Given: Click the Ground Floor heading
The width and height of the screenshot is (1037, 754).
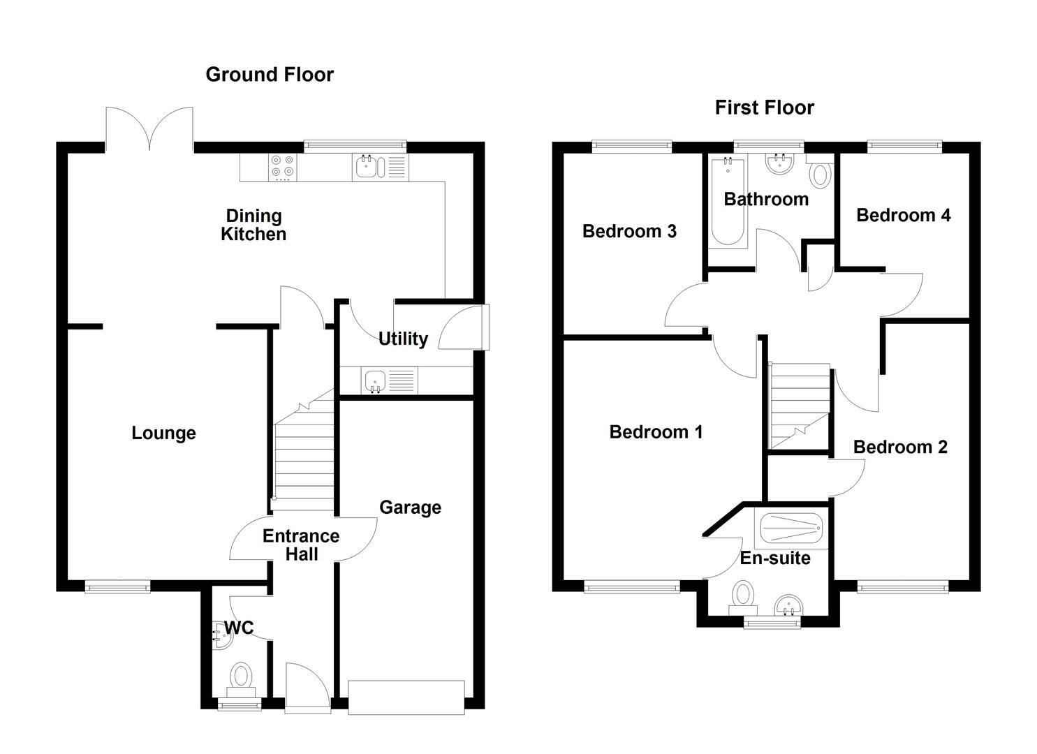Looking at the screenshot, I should [x=270, y=75].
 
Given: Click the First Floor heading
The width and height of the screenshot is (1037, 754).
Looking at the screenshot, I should [x=764, y=108].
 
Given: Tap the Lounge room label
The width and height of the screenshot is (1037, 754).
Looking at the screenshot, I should [x=163, y=433].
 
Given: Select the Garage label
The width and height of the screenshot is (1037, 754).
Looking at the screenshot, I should [x=410, y=508].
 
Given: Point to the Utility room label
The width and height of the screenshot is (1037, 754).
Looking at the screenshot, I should [x=403, y=339].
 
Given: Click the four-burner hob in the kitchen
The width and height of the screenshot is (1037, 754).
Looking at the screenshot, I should [x=283, y=168].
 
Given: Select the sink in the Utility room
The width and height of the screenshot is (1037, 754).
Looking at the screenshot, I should [x=375, y=381].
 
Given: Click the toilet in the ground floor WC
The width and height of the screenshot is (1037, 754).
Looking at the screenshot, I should [x=242, y=678].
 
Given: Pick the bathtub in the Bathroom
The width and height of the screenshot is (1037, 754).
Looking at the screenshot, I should [x=728, y=202].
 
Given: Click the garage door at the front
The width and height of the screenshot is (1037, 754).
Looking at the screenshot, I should [x=406, y=697].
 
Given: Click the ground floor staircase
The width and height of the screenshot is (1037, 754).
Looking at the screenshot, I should [x=302, y=454].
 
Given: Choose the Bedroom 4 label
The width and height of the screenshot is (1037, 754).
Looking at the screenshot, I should [x=903, y=215].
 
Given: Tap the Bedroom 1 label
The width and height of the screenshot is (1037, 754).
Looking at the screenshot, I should [x=656, y=432].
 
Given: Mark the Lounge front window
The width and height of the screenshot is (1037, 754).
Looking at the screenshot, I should [x=117, y=588].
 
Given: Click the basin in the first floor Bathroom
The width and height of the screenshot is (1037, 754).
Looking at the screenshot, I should [x=777, y=163].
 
